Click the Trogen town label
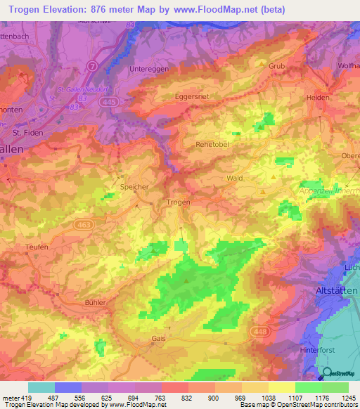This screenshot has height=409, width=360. point(178,202)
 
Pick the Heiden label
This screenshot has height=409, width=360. point(317,98)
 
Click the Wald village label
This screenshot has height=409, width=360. point(234,178)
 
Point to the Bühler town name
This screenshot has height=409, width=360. point(95,302)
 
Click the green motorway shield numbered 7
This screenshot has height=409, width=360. point(92,65)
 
